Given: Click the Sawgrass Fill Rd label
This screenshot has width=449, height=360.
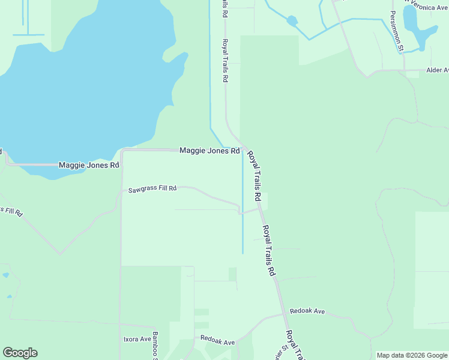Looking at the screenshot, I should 152,189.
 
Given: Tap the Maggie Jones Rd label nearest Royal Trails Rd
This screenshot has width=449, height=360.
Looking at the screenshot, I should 209,150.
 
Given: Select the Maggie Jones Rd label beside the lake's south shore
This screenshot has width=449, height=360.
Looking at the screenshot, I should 89,165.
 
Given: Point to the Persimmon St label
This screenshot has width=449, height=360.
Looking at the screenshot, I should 398,39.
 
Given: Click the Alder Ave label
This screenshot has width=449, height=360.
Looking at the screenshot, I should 437,70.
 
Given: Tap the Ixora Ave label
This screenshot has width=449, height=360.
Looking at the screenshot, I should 137,339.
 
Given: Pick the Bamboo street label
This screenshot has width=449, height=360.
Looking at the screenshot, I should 154,345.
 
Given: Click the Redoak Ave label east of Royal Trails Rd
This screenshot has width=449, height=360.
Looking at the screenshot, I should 307,311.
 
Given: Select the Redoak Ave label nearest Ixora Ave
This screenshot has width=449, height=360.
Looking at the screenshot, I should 217,341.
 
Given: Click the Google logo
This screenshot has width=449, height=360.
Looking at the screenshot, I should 20,353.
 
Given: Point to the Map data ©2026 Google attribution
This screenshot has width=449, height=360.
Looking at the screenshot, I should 412,355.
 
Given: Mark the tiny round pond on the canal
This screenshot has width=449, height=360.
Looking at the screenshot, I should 292,22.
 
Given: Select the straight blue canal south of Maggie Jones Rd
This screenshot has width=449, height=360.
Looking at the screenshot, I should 243,204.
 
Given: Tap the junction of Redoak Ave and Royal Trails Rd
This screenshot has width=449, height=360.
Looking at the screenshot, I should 283,314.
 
